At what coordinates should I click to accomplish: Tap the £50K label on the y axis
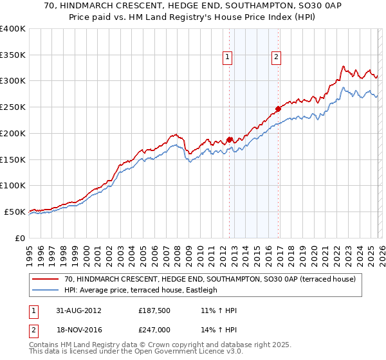15,212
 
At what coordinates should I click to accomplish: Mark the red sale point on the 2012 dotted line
229,139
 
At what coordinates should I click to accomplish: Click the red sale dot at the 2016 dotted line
278,109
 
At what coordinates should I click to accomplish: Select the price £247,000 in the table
154,329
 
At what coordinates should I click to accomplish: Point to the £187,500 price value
154,310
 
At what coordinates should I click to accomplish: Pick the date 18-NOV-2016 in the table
78,329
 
